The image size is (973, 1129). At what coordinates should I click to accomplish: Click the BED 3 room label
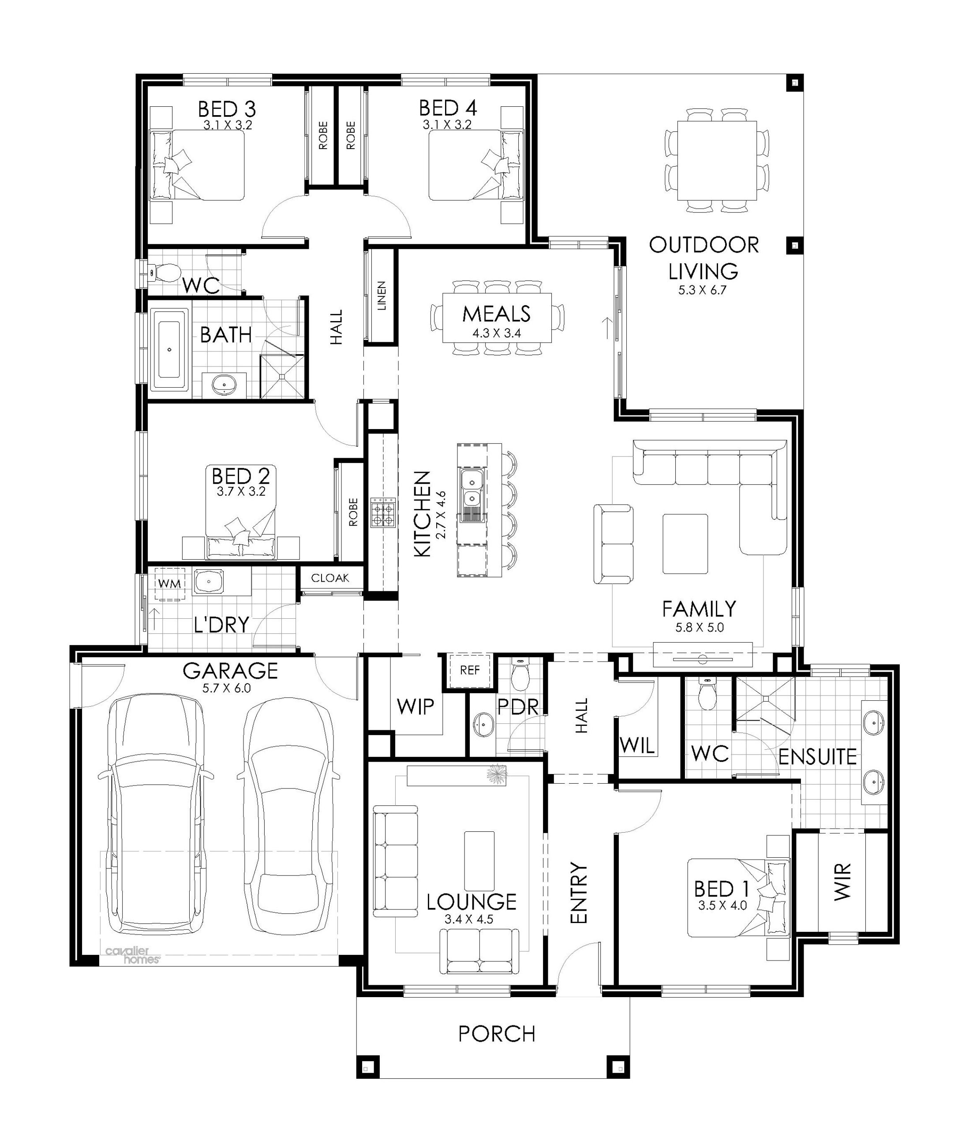[227, 108]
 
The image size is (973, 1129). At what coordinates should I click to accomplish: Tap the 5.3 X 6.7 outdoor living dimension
[703, 290]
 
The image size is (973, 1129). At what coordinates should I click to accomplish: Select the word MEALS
[496, 314]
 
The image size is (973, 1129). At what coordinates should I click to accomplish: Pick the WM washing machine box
[169, 583]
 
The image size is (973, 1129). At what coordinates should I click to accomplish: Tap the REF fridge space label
[470, 669]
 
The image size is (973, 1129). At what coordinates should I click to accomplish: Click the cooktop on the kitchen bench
[383, 512]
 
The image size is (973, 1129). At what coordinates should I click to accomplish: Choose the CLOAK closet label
[330, 578]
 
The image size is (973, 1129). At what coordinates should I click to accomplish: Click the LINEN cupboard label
[382, 296]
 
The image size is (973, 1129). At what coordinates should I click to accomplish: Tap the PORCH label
[497, 1034]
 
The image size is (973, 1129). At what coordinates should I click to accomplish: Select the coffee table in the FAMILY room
[685, 544]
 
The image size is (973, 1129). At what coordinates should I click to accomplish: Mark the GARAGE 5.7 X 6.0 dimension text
[226, 688]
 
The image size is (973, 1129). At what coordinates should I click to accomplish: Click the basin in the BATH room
[223, 385]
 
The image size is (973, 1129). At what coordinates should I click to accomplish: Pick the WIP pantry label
[415, 707]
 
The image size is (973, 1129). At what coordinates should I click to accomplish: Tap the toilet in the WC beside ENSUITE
[707, 694]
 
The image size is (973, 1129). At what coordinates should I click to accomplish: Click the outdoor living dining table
[717, 161]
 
